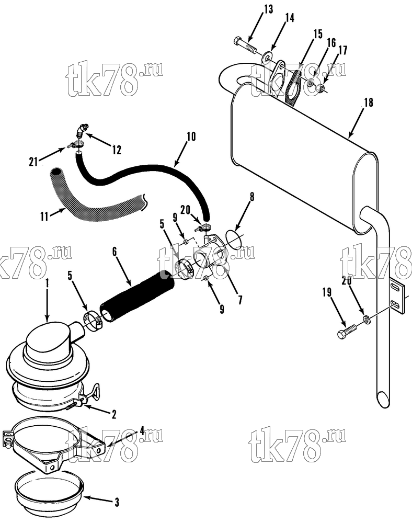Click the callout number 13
click(x=268, y=9)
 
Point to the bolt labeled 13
click(x=246, y=47)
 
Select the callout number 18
click(x=368, y=103)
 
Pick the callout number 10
click(x=191, y=137)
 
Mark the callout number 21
click(x=33, y=163)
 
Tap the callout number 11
click(x=44, y=217)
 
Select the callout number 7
click(x=240, y=300)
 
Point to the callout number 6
click(x=115, y=252)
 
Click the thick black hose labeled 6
click(x=137, y=298)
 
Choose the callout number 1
click(x=47, y=283)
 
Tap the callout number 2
click(x=114, y=414)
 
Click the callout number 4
click(x=142, y=431)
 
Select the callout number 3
click(x=117, y=502)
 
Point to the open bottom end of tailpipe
click(x=383, y=399)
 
